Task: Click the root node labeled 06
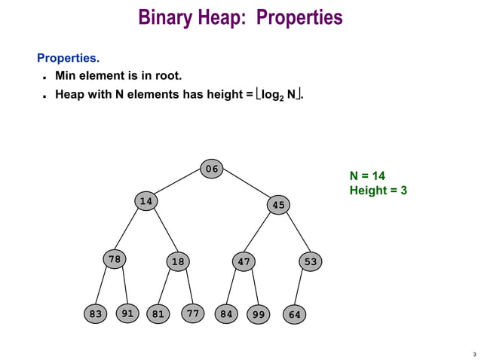click(x=213, y=169)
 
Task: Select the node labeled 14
click(x=146, y=201)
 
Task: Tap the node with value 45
click(x=278, y=205)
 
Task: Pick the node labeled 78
click(x=114, y=260)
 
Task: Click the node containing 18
click(x=178, y=262)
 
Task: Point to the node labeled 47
click(x=244, y=262)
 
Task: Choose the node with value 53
click(x=310, y=261)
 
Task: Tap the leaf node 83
click(x=95, y=314)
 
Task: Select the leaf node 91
click(x=128, y=313)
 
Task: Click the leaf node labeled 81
click(x=158, y=314)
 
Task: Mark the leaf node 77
click(x=194, y=313)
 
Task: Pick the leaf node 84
click(x=225, y=314)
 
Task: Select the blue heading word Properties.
click(x=68, y=58)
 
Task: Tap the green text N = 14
click(x=368, y=175)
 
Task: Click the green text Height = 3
click(x=378, y=191)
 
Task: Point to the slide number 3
click(x=474, y=354)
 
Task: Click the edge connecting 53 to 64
click(x=302, y=288)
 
